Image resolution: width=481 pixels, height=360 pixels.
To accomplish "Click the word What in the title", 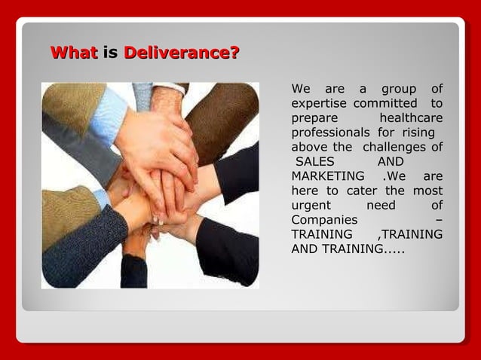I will point(73,53).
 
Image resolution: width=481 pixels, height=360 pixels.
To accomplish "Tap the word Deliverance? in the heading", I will point(181,53).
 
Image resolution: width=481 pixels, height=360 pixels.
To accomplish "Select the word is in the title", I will point(110,53).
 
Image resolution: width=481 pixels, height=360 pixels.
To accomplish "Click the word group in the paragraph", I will point(399,90).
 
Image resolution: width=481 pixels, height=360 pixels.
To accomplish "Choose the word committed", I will point(385,103).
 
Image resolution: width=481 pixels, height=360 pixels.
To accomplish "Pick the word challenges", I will point(395,147).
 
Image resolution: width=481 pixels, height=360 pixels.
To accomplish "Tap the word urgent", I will point(311,206).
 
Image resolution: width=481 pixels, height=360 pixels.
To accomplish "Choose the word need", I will point(379,206).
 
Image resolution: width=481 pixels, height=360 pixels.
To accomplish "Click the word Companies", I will point(324,220).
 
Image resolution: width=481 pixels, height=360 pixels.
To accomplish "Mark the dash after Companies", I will point(439,220).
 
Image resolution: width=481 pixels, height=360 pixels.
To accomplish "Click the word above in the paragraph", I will point(310,147).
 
